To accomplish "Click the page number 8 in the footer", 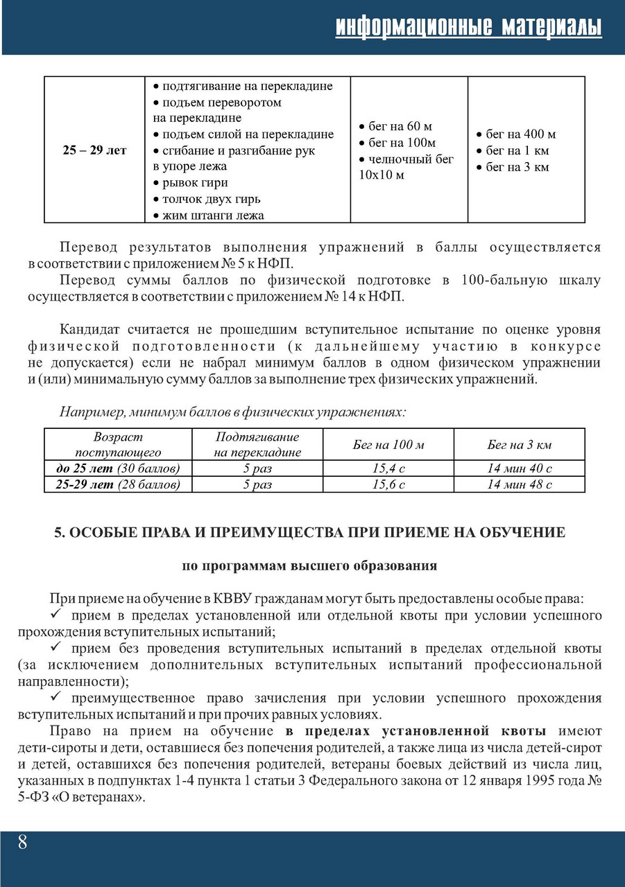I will pyautogui.click(x=22, y=843).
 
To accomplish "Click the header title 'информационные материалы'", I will pyautogui.click(x=468, y=27).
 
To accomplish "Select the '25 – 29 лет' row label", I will pyautogui.click(x=94, y=150).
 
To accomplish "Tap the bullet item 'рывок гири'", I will pyautogui.click(x=194, y=183).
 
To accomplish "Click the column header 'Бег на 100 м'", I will pyautogui.click(x=388, y=445).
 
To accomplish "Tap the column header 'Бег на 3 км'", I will pyautogui.click(x=519, y=445).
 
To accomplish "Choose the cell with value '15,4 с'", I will pyautogui.click(x=388, y=468).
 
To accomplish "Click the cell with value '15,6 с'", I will pyautogui.click(x=388, y=484).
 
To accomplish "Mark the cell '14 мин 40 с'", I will pyautogui.click(x=519, y=468).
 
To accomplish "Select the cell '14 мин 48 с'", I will pyautogui.click(x=519, y=484).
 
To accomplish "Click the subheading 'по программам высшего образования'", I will pyautogui.click(x=309, y=565).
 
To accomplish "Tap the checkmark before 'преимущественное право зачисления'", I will pyautogui.click(x=58, y=698).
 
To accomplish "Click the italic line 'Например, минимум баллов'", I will pyautogui.click(x=232, y=412).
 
